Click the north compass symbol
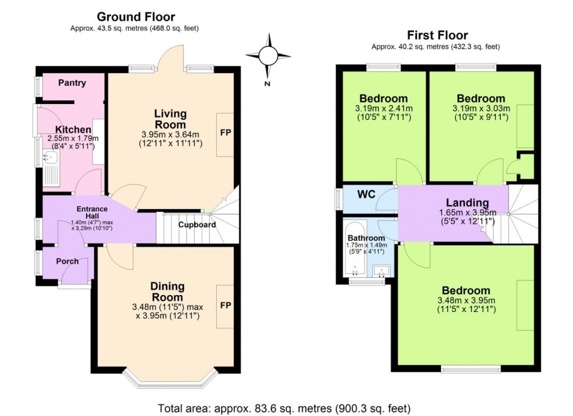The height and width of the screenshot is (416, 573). point(268,56)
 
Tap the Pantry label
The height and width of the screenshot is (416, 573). point(72,83)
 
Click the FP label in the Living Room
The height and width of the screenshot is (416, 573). point(225,133)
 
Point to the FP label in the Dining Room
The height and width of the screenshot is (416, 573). point(225,306)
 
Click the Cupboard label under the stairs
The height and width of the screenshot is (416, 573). point(197,224)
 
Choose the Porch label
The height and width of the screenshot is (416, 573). point(67,261)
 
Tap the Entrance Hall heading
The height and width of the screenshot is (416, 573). point(92,209)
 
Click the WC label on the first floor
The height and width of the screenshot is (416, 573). point(366,194)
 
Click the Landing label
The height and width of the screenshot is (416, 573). point(467,203)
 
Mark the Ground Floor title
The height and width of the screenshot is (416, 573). point(136,17)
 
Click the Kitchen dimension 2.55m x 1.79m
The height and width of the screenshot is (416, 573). point(73,138)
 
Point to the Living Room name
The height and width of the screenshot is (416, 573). point(170,119)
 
